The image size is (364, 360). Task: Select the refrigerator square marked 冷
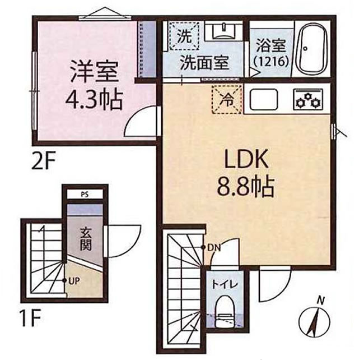(226, 101)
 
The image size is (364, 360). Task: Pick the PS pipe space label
(84, 195)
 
